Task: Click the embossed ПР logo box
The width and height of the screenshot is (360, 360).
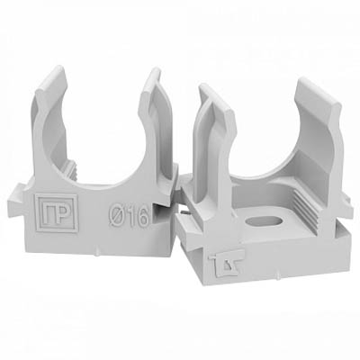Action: [57, 212]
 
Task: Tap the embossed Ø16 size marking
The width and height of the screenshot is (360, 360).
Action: [129, 215]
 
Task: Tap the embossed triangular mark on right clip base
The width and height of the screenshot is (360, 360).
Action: [227, 263]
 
